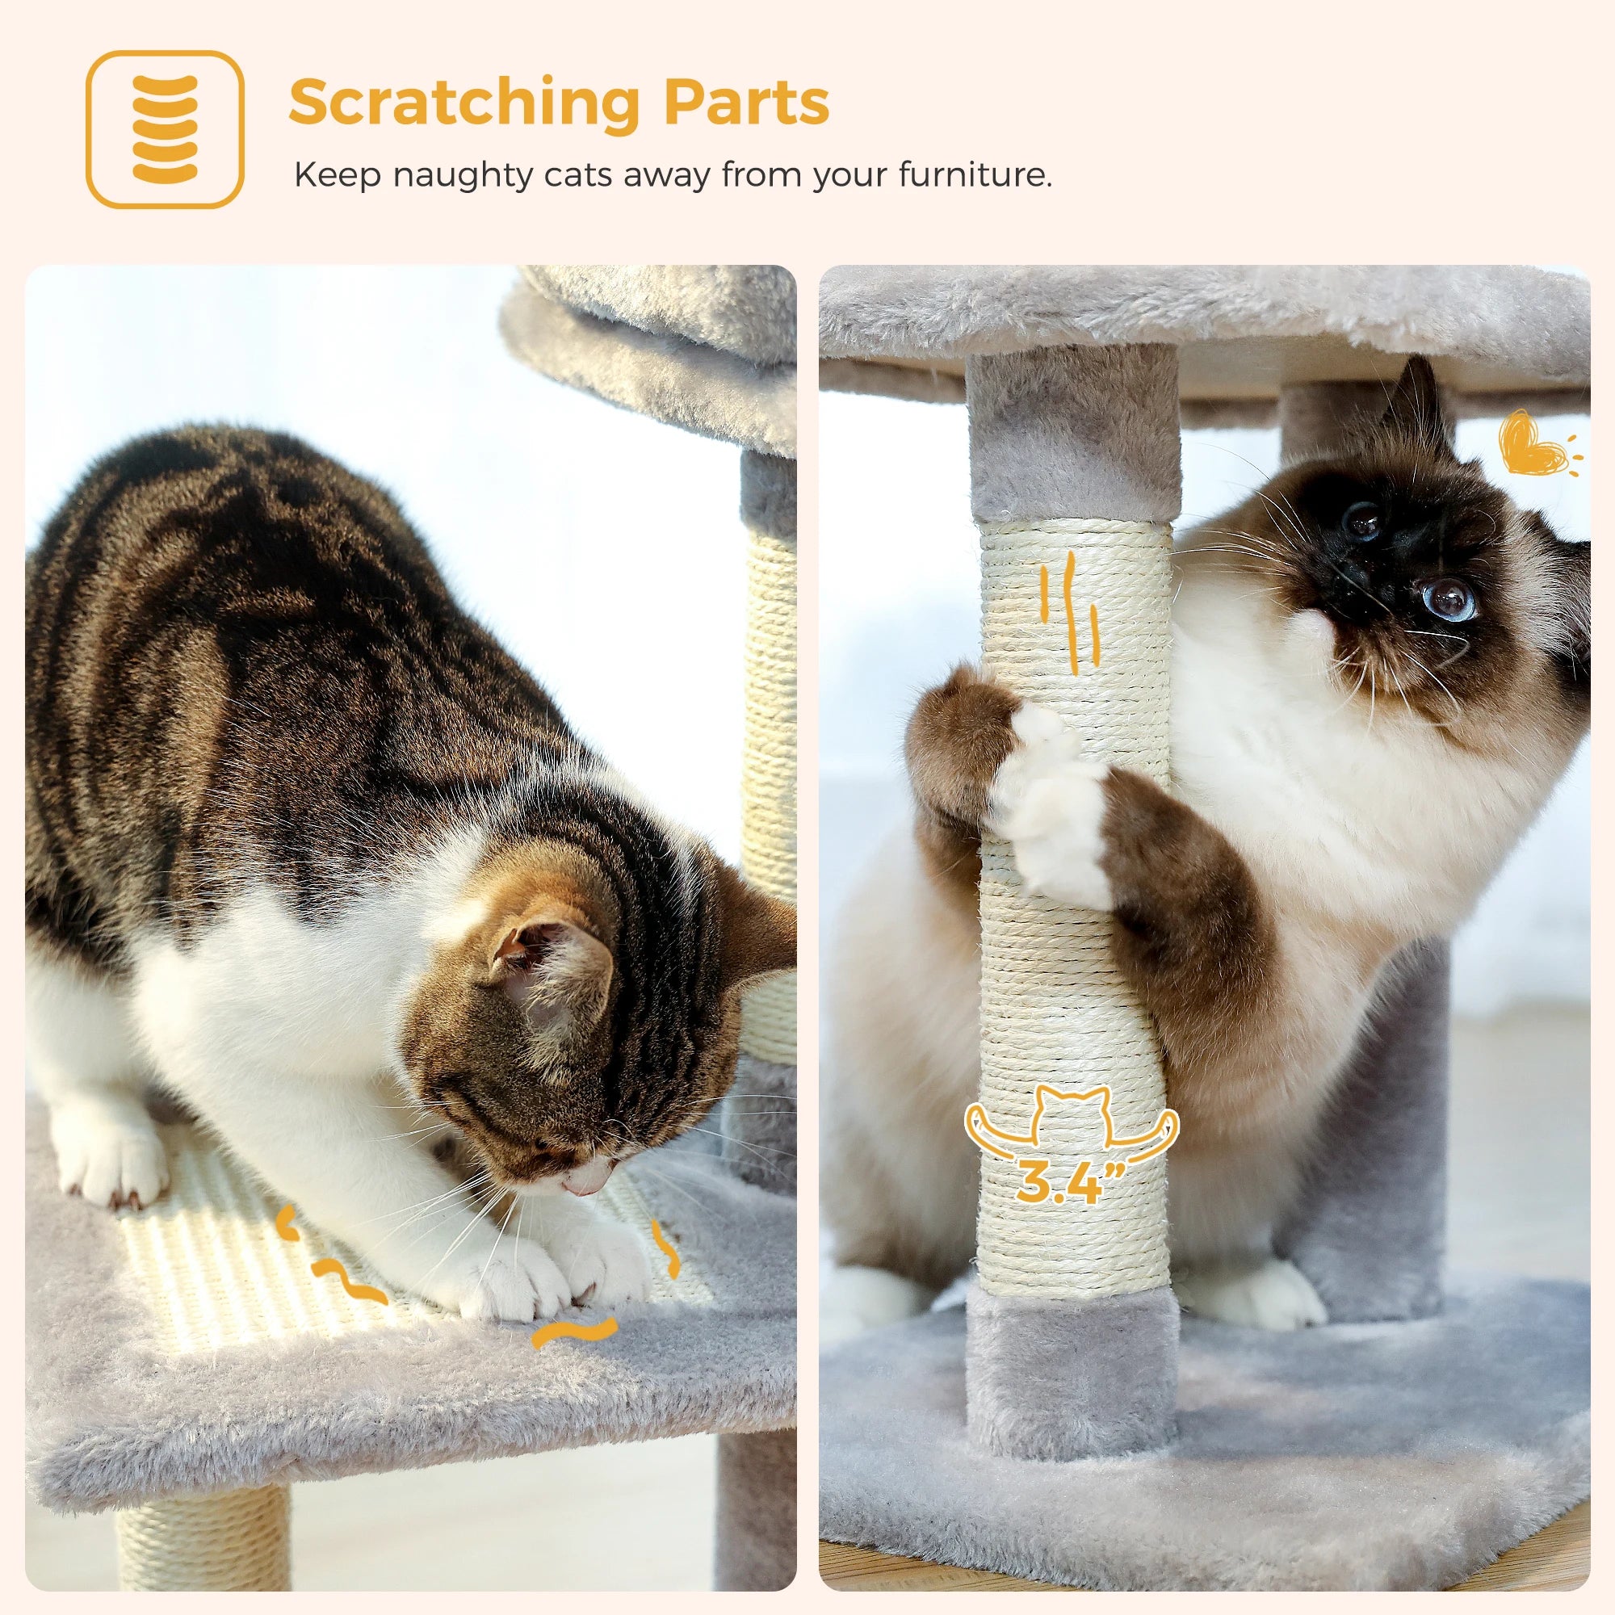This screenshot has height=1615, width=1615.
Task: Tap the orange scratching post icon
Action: point(165,129)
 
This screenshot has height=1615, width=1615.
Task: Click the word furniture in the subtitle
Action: point(974,175)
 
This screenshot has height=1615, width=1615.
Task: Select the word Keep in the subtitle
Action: point(336,175)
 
